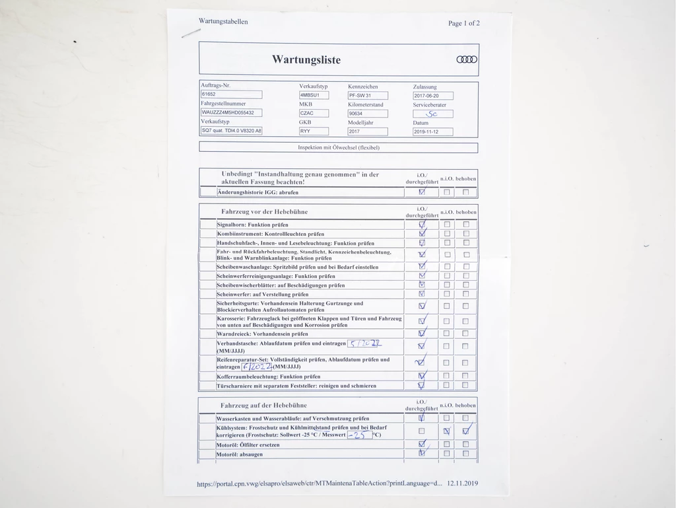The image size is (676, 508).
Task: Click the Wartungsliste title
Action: pos(306,60)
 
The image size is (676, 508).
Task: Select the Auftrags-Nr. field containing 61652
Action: pos(231,94)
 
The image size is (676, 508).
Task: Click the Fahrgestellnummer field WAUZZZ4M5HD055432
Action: pos(231,113)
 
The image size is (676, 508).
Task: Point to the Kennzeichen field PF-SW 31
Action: pos(368,95)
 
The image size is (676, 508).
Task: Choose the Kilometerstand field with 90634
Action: pos(368,114)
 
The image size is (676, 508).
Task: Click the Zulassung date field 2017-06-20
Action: pos(433,95)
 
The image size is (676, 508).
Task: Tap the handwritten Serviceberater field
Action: pos(433,114)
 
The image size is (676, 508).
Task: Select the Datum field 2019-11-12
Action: pos(433,131)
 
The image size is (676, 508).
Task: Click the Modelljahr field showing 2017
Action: pos(368,131)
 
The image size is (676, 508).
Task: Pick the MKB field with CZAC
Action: pos(314,114)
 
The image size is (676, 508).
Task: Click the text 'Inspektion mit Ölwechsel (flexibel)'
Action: pos(338,148)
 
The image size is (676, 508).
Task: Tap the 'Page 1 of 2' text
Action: pos(464,23)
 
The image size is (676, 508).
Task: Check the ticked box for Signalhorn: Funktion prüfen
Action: pos(422,225)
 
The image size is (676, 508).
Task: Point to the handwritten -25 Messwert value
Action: pos(358,435)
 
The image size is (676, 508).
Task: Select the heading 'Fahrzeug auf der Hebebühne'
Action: pos(263,405)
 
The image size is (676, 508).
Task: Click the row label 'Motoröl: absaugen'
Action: pos(240,454)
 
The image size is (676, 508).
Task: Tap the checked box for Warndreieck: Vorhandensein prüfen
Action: pos(422,334)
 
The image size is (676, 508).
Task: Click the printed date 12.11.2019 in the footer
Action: pos(462,484)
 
